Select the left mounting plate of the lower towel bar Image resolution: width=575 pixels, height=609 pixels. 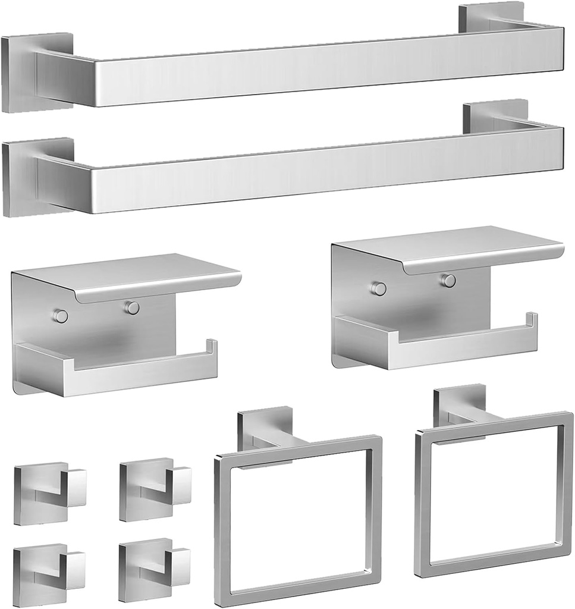pos(20,177)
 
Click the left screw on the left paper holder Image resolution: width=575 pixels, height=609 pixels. pos(60,316)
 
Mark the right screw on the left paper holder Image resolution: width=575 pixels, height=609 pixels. pos(132,307)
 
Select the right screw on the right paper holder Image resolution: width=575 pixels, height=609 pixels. pos(448,280)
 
